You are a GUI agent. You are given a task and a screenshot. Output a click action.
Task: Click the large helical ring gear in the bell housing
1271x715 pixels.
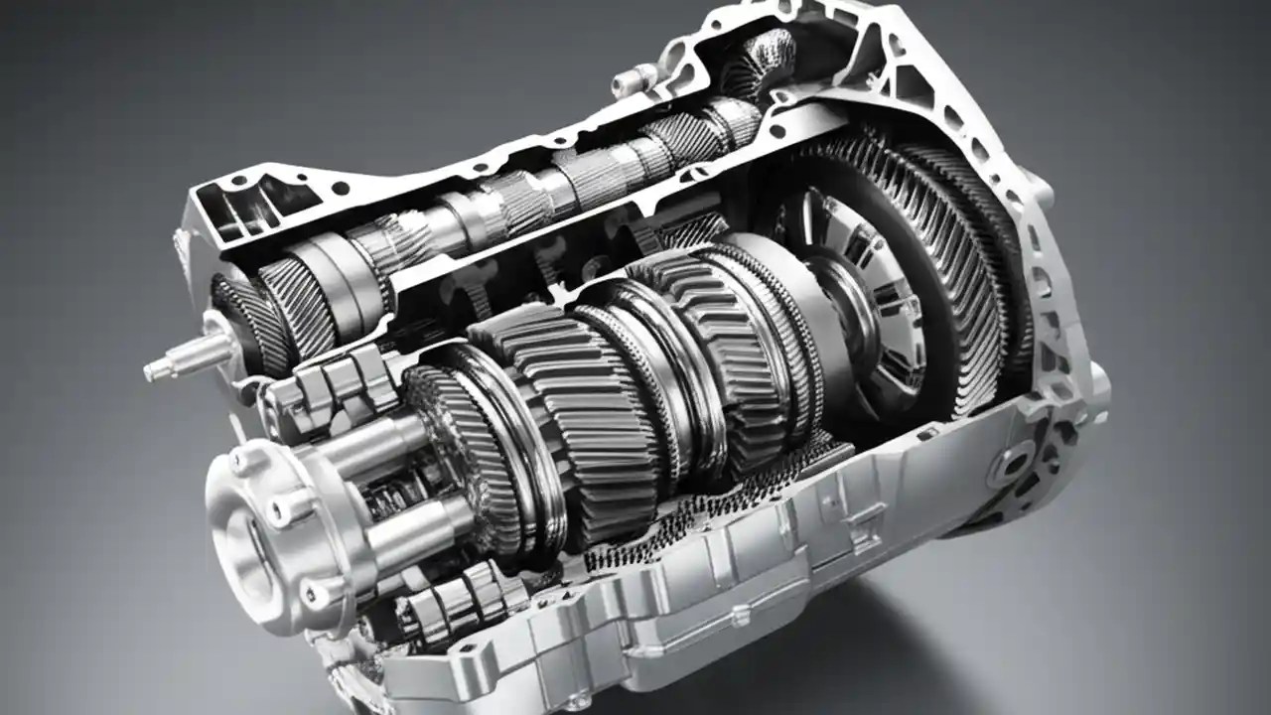953,268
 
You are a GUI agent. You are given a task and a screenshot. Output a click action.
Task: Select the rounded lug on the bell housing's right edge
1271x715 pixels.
1097,382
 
